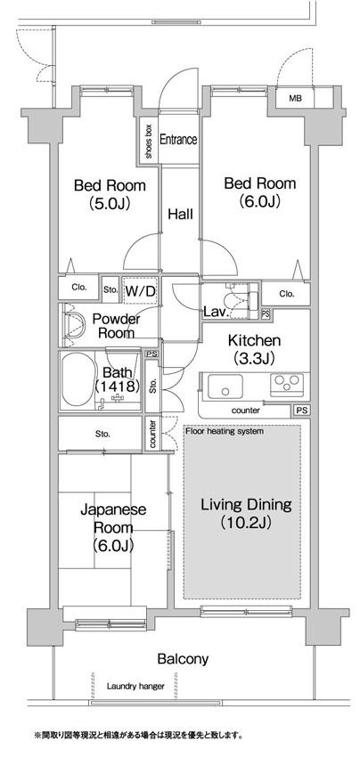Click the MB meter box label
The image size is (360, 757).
(295, 99)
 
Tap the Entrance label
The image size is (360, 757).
(178, 140)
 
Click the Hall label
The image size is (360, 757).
(180, 214)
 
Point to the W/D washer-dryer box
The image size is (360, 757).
(140, 291)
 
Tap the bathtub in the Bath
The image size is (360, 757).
(78, 380)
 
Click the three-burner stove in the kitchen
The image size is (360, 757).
(287, 385)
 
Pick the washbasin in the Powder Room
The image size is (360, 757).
(73, 325)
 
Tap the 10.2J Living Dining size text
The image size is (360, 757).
(247, 523)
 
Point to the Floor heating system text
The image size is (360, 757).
(225, 431)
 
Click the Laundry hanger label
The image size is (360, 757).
(135, 686)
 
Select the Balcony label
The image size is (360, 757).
(184, 658)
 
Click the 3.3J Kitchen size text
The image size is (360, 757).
(254, 358)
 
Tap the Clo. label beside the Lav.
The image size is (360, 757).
(287, 294)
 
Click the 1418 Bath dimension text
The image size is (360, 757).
(118, 387)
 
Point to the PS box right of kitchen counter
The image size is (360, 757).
(301, 411)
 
